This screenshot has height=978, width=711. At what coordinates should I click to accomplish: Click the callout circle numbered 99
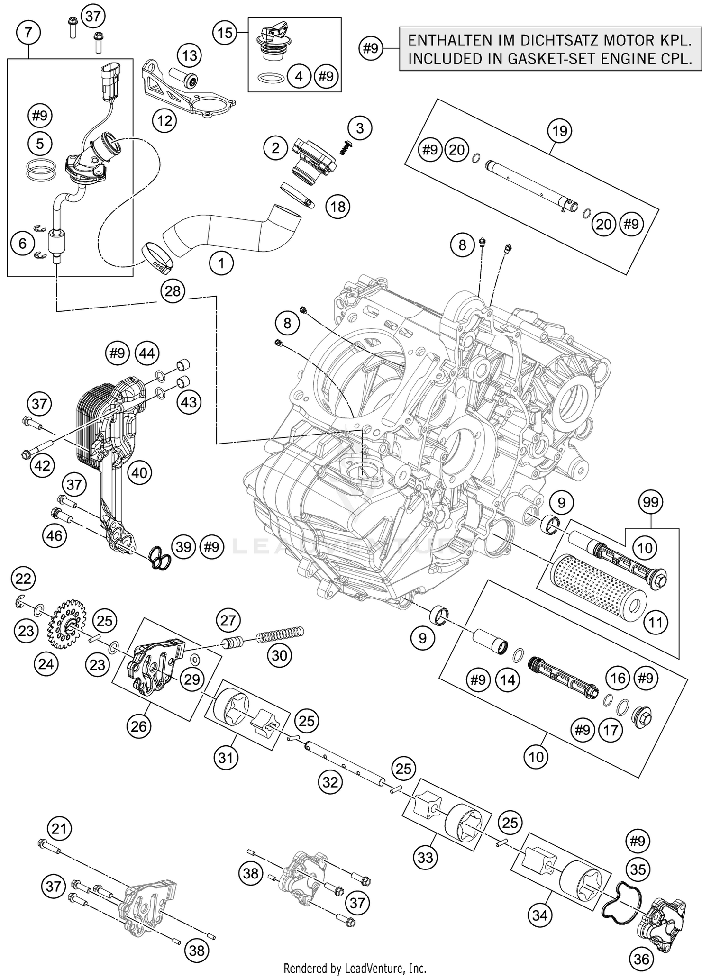[651, 502]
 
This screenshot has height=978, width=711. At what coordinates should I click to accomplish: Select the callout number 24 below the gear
[46, 664]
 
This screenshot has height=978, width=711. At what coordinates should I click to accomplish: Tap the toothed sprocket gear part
[66, 624]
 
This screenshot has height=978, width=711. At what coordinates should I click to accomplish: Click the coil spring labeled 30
[280, 634]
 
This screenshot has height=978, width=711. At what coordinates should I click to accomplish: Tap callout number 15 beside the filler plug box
[225, 33]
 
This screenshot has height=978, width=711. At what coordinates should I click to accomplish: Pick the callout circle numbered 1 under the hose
[221, 262]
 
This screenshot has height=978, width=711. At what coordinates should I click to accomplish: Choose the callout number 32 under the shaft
[330, 782]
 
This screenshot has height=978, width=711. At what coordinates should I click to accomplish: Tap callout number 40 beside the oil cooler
[139, 472]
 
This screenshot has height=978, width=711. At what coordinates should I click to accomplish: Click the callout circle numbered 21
[59, 829]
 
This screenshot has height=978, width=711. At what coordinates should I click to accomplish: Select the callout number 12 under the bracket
[164, 121]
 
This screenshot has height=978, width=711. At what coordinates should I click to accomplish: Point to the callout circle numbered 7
[28, 33]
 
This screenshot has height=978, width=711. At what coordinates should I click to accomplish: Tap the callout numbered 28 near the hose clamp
[173, 291]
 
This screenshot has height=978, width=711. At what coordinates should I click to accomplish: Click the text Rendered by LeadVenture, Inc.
[355, 968]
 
